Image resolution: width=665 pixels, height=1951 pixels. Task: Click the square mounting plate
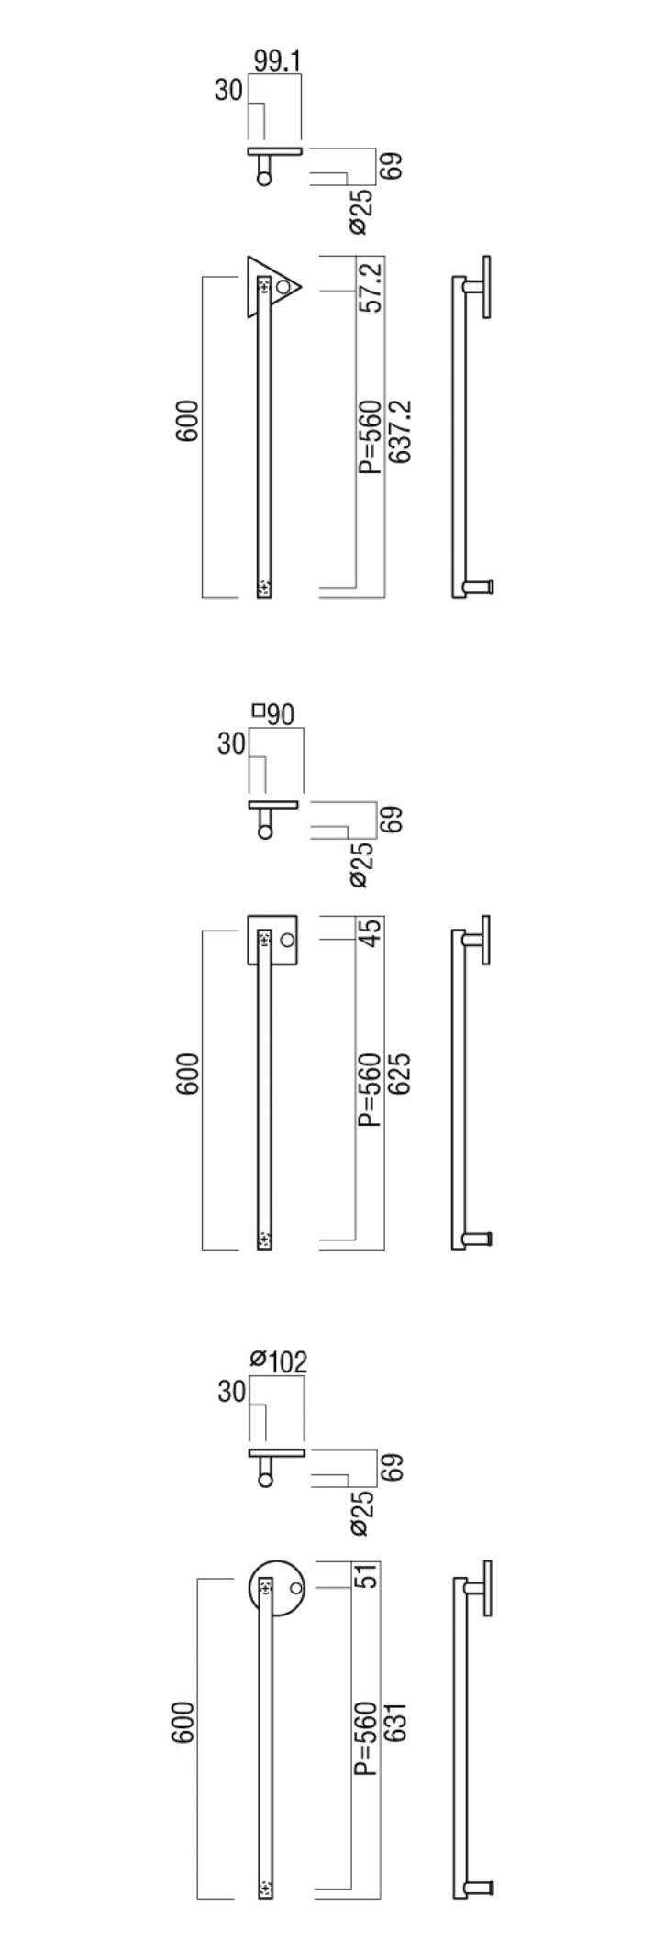point(272,940)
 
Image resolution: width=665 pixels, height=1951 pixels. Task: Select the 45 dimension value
point(371,934)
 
